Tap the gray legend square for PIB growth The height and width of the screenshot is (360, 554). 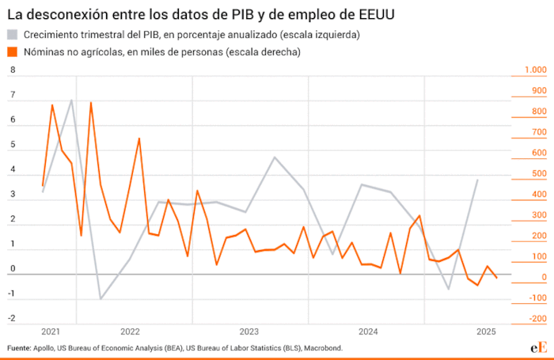coord(12,35)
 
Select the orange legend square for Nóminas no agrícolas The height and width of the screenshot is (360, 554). coord(12,51)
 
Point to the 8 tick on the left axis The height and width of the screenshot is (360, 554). coord(12,70)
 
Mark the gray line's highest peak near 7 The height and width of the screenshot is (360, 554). coord(72,100)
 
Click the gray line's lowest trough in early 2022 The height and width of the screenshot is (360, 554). coord(101,299)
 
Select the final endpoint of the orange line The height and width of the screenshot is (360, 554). coord(497,279)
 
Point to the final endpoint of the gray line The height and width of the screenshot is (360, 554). coord(477,180)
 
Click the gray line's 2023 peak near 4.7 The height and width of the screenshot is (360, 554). coord(275,157)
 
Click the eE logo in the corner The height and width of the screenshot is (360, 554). coord(537,348)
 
